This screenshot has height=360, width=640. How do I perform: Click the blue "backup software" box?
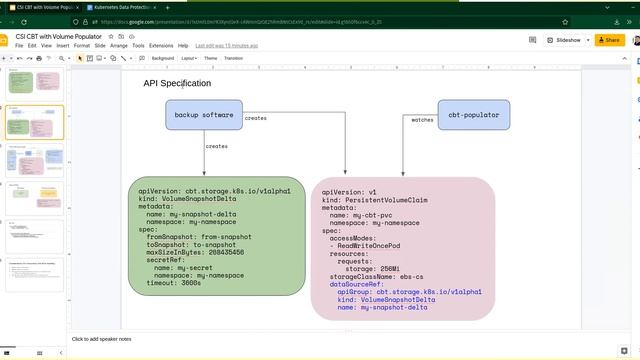pyautogui.click(x=204, y=115)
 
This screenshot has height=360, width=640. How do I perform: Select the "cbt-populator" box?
pyautogui.click(x=473, y=115)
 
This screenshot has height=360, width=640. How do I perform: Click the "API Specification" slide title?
pyautogui.click(x=177, y=84)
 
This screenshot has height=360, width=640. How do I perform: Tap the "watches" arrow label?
pyautogui.click(x=422, y=120)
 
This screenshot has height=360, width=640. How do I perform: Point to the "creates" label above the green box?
pyautogui.click(x=216, y=147)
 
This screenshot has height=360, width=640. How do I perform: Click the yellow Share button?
pyautogui.click(x=607, y=40)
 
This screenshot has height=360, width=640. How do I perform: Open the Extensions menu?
pyautogui.click(x=160, y=46)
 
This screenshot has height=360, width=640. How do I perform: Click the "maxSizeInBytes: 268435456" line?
pyautogui.click(x=202, y=253)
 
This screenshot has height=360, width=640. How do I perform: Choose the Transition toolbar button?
pyautogui.click(x=233, y=58)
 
